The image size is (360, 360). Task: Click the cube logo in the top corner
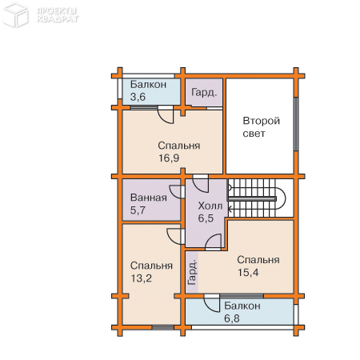point(15,14)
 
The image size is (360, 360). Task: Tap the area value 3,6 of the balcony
point(138,97)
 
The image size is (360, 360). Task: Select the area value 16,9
point(169,158)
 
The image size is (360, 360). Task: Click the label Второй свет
point(261,127)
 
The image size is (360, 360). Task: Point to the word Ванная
point(149,198)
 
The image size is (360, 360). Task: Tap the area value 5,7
point(138,210)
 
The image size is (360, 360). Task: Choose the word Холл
point(210,206)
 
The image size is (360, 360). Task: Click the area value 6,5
point(206,218)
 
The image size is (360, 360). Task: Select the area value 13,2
point(141,278)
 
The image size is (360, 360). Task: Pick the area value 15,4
point(248,272)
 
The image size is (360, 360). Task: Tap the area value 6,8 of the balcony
point(231,318)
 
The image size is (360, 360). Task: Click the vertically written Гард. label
point(192,272)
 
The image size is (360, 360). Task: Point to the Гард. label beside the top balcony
point(204,93)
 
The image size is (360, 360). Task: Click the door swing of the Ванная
point(177,192)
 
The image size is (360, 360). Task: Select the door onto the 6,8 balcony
point(212,303)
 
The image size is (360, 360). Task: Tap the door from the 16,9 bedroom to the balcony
point(166,115)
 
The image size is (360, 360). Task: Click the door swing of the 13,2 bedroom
point(175,236)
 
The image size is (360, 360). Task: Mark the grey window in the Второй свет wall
point(296,124)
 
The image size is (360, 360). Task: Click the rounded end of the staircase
point(282,198)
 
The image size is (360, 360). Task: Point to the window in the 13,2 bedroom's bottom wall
point(162,327)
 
